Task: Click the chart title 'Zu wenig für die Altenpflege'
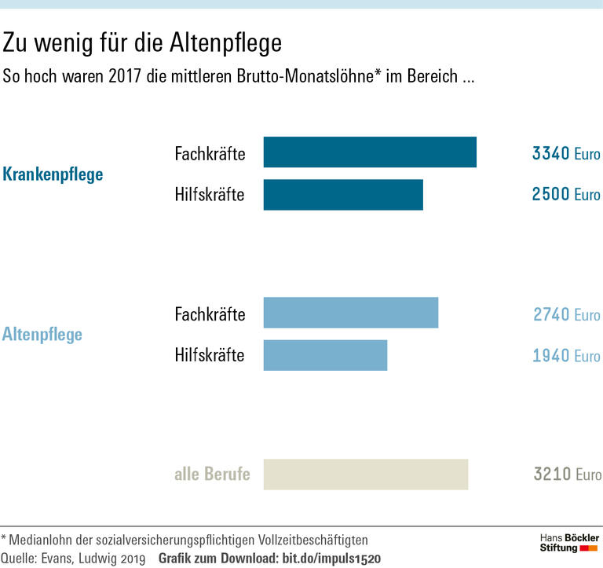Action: pos(142,42)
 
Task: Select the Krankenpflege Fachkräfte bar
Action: pos(369,152)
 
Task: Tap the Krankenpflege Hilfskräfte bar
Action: pos(342,195)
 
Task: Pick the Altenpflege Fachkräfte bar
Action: pos(350,313)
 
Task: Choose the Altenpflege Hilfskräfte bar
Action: pos(325,355)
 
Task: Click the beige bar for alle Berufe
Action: pos(365,475)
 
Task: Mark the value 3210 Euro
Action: pos(567,475)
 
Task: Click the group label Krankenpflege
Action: pos(53,174)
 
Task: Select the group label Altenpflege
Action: pos(42,335)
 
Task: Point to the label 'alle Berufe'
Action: pos(212,475)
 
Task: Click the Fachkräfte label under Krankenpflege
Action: pos(210,153)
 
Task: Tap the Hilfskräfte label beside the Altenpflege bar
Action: pos(210,355)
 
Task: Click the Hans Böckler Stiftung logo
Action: pos(569,542)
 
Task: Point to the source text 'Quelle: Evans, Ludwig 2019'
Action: pos(74,559)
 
